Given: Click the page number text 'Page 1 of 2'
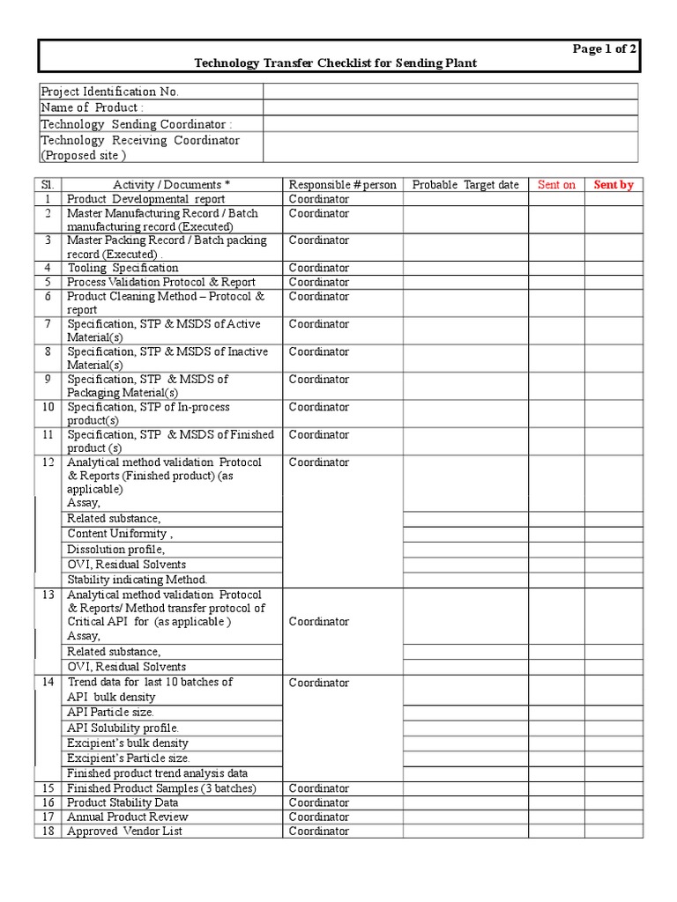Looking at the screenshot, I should click(604, 49).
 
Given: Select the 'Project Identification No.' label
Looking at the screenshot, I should click(110, 92).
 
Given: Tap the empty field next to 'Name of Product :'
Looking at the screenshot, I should click(450, 107).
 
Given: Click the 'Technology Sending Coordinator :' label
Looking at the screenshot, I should click(137, 124).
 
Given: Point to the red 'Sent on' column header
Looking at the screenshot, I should click(556, 184).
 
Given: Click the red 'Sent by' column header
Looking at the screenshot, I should click(614, 184).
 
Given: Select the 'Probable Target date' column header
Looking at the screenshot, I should click(465, 184).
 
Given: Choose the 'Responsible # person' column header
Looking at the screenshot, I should click(342, 184).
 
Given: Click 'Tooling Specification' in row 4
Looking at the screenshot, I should click(123, 268).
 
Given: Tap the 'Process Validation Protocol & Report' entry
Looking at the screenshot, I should click(161, 282).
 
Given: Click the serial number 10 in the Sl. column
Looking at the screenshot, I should click(48, 407).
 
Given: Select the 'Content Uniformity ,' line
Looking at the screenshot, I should click(120, 534).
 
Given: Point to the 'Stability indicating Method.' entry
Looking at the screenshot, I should click(137, 580).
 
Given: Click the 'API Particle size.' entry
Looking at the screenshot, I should click(110, 712).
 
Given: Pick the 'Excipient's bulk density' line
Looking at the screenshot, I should click(129, 743).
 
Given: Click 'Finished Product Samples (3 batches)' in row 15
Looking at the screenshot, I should click(162, 788).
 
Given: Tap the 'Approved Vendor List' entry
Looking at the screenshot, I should click(124, 831).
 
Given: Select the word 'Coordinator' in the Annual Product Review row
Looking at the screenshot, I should click(319, 817).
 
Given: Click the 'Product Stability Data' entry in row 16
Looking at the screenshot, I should click(123, 802).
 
